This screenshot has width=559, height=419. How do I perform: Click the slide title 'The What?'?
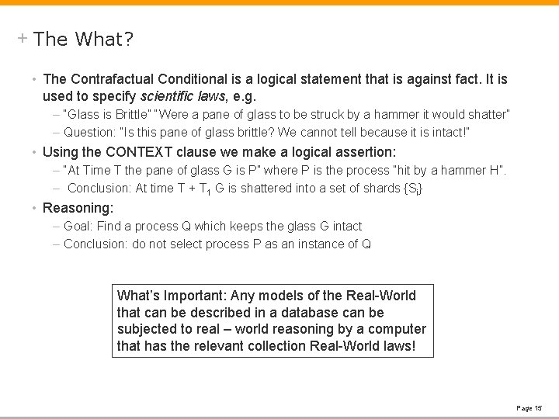point(84,39)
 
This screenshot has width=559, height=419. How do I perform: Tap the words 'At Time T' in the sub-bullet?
point(93,170)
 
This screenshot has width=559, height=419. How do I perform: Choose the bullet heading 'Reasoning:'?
point(78,207)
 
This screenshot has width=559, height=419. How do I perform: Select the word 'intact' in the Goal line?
point(346,226)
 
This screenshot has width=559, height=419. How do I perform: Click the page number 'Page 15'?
point(529,408)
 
